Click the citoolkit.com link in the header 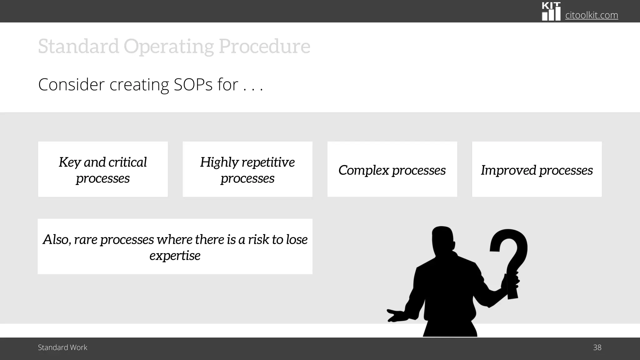click(591, 15)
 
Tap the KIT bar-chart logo click(551, 12)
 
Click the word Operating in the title click(168, 47)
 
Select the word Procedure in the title click(264, 47)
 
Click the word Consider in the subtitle click(71, 85)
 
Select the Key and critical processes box click(103, 169)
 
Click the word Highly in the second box click(219, 162)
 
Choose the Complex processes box click(392, 169)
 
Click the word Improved click(508, 170)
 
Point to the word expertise click(175, 256)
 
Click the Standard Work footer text click(62, 347)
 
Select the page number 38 click(597, 347)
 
